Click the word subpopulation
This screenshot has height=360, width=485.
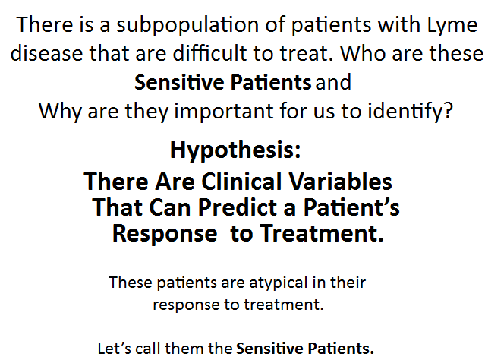(x=187, y=25)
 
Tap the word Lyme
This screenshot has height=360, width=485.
(x=452, y=25)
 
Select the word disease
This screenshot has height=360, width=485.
(x=46, y=53)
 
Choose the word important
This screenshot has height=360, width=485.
(x=224, y=112)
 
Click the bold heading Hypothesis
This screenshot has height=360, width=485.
(x=235, y=150)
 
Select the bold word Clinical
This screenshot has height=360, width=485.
(x=241, y=181)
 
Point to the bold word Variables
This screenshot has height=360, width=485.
(x=340, y=181)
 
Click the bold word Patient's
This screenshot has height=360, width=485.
(x=351, y=207)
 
